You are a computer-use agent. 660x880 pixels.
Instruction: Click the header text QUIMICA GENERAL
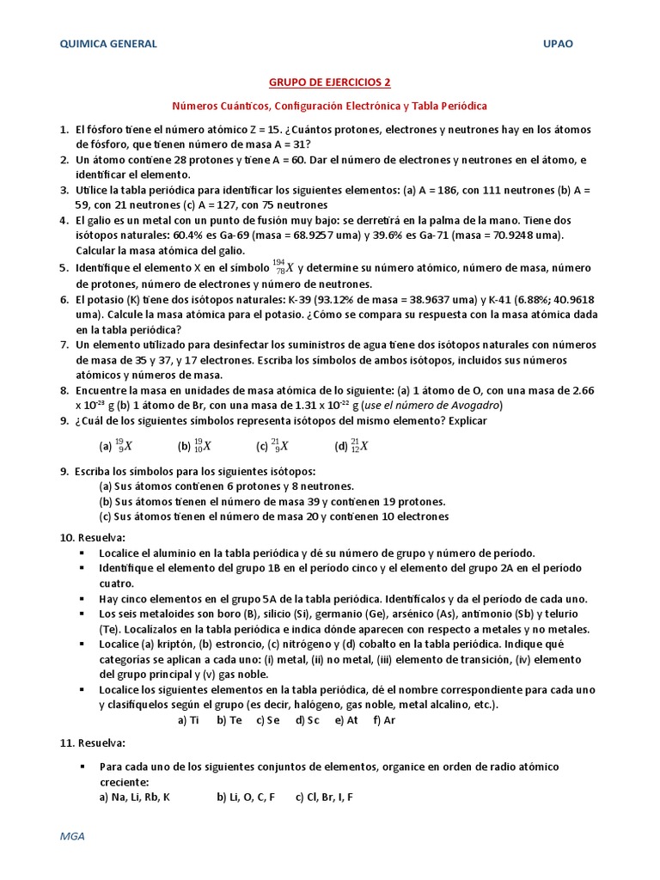click(x=107, y=44)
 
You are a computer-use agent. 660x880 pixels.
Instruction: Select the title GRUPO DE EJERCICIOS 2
click(x=330, y=82)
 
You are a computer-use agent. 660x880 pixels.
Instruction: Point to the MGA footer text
click(x=71, y=835)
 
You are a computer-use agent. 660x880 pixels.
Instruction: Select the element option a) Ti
click(x=188, y=720)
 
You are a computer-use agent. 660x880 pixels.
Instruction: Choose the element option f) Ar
click(x=384, y=720)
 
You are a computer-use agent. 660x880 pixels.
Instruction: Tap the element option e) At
click(x=346, y=720)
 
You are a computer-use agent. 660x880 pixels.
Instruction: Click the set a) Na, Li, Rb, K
click(x=135, y=797)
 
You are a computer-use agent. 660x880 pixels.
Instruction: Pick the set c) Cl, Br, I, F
click(x=324, y=797)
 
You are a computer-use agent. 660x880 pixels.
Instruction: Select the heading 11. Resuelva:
click(x=93, y=742)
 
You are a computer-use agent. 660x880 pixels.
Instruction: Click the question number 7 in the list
click(x=64, y=345)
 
